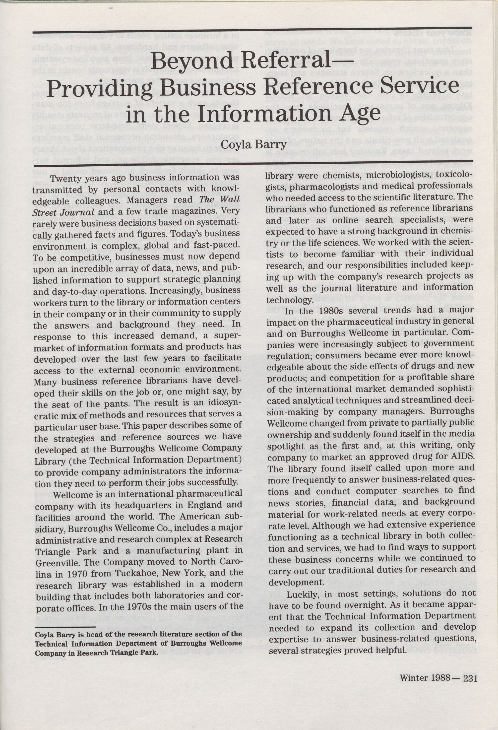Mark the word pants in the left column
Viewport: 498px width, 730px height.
coord(101,404)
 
